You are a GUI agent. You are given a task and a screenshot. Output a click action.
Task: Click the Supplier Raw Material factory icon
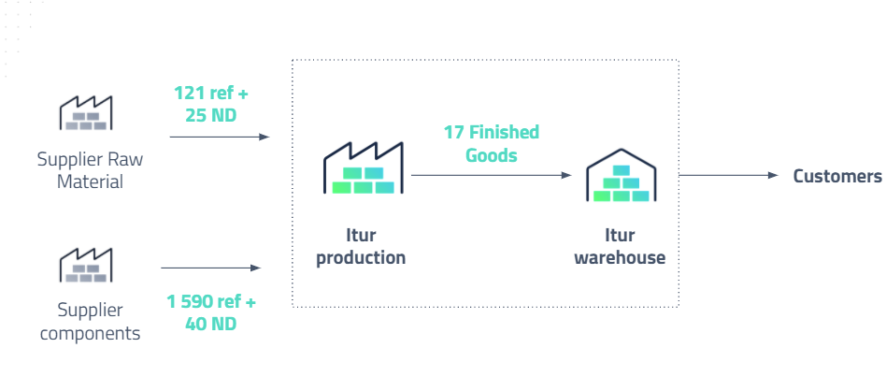(x=86, y=113)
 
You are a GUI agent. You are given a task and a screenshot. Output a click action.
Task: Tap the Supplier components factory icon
(x=86, y=265)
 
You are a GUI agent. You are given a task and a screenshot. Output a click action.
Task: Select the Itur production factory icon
(x=364, y=169)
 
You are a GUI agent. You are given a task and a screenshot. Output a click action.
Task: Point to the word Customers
(x=836, y=176)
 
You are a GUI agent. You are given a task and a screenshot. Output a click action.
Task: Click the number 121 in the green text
(x=190, y=94)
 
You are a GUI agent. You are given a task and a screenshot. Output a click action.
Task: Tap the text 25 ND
(x=211, y=116)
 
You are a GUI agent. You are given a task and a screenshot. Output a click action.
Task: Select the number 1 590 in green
(x=191, y=302)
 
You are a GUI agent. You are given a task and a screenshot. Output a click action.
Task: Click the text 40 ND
(x=210, y=324)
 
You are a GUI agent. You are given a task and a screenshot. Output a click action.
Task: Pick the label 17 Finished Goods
(x=491, y=144)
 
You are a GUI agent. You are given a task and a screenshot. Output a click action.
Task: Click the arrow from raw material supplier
(x=220, y=138)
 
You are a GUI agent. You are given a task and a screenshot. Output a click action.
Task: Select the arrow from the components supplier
(x=211, y=269)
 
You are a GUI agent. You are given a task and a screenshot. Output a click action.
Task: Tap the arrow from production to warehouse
(x=491, y=175)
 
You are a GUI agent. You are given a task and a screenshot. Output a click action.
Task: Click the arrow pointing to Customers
(x=728, y=176)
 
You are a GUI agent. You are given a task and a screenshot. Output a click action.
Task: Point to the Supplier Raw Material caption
(x=90, y=170)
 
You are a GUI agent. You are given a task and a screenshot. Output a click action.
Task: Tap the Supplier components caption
(x=90, y=321)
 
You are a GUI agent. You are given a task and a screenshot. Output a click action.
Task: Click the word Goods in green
(x=492, y=155)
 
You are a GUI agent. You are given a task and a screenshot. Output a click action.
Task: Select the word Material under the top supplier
(x=90, y=181)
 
